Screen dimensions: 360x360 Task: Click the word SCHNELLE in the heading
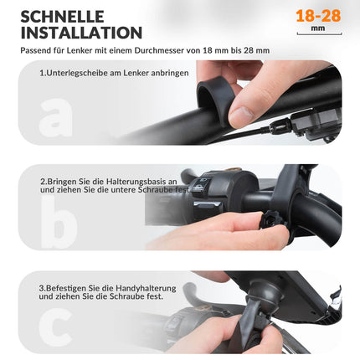(x=62, y=16)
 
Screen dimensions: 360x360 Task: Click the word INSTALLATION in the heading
(x=81, y=33)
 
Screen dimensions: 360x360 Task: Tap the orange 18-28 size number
(x=318, y=15)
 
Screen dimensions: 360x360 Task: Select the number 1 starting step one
(x=42, y=74)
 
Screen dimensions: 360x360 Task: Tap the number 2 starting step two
(x=42, y=180)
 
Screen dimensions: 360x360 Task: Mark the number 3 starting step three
(x=42, y=286)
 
